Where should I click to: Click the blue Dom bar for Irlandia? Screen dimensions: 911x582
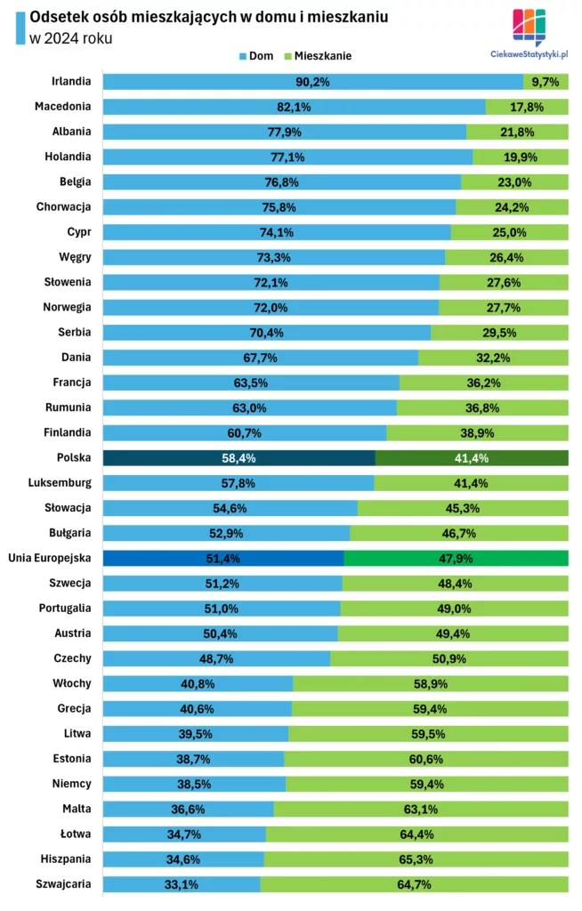point(312,82)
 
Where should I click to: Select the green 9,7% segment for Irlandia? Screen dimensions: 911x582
point(545,82)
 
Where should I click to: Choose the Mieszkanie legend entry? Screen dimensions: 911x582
point(317,55)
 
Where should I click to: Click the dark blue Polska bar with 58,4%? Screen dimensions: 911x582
point(238,458)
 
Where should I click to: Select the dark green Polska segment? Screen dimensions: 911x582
point(471,458)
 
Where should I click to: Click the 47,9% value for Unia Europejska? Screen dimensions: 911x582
point(456,559)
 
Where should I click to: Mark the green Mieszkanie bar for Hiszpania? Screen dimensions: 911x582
point(416,859)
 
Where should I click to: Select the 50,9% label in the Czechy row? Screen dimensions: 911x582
point(449,659)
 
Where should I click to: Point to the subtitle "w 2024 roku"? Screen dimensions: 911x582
point(71,38)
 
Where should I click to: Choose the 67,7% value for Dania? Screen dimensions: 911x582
point(260,358)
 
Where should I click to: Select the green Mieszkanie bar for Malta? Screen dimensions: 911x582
point(420,810)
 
